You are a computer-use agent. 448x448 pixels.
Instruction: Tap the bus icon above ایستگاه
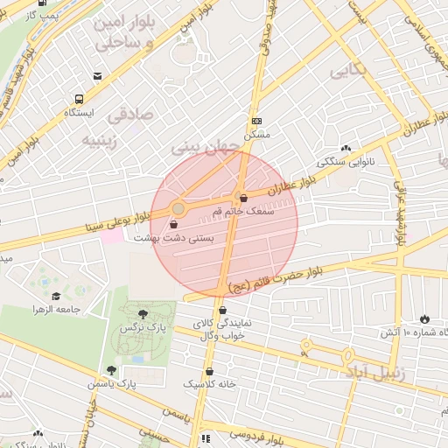point(80,99)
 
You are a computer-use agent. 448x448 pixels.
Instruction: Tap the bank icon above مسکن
point(255,121)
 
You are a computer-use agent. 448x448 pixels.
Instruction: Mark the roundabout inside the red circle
point(178,208)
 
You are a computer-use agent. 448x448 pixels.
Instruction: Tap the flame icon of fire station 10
point(424,318)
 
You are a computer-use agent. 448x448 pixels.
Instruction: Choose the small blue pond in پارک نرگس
point(136,359)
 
